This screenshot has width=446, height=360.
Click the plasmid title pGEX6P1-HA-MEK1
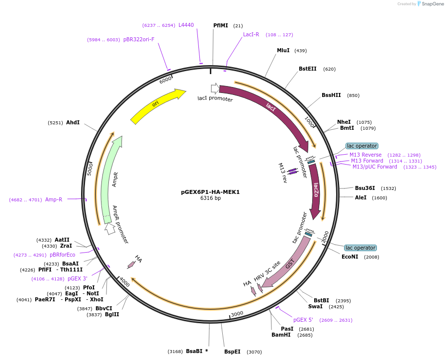pos(210,192)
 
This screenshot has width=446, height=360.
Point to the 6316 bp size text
pos(210,198)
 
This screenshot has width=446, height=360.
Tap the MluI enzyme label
pos(283,50)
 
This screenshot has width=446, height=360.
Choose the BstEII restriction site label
pos(307,69)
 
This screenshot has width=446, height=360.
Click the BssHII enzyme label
pos(331,95)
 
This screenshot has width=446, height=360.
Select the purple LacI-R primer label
pos(251,35)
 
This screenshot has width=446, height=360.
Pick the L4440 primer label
pos(186,25)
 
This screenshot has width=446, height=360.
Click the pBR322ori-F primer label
pos(139,40)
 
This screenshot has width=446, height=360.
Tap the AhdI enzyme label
pos(73,122)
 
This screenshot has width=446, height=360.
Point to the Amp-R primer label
pos(54,199)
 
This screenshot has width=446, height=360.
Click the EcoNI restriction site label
pos(350,257)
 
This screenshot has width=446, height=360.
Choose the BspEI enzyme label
pos(232,352)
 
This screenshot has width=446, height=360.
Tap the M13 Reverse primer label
pos(365,155)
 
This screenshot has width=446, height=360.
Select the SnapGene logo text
pos(431,4)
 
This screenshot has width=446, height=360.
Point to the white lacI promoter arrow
pos(215,88)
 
